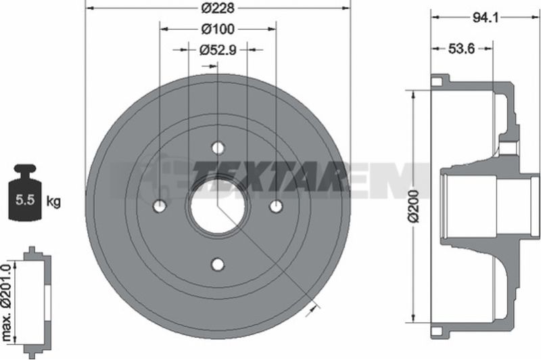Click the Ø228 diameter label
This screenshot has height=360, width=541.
[x=218, y=8]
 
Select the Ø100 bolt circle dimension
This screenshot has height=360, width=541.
[x=218, y=29]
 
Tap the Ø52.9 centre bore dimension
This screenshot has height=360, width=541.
[x=218, y=50]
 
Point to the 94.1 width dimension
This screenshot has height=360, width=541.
[x=486, y=18]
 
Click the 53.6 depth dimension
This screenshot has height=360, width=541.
[x=462, y=49]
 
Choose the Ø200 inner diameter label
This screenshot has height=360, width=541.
[x=415, y=206]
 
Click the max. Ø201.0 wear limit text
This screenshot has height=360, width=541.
[x=7, y=302]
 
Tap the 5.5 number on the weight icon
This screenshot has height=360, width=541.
[x=26, y=200]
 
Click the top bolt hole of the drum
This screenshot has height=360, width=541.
[x=218, y=148]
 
